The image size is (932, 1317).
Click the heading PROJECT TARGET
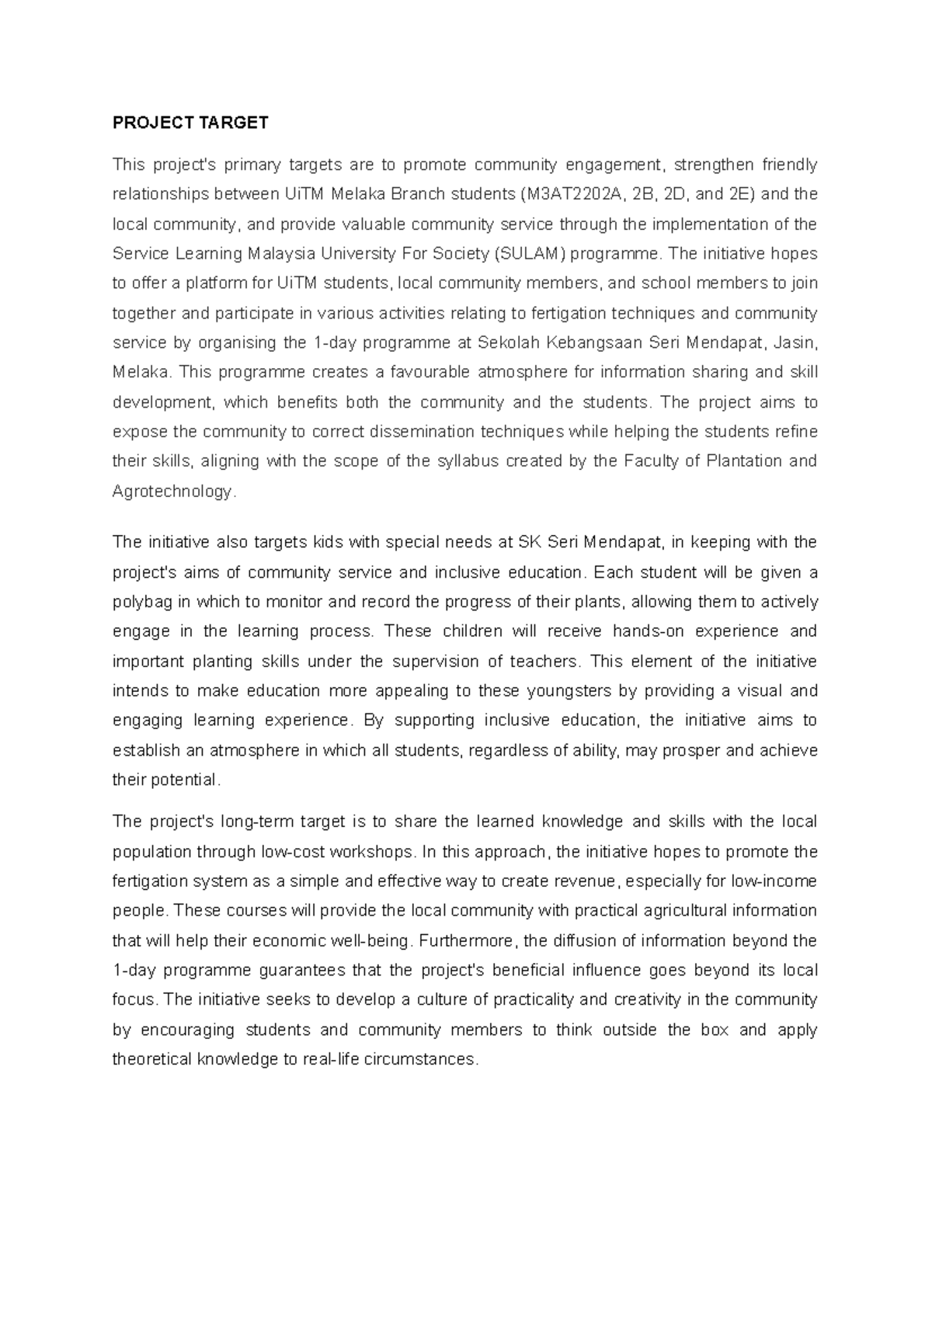190,123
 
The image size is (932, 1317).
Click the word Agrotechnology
172,492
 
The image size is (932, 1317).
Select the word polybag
141,602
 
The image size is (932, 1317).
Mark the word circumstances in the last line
419,1060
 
